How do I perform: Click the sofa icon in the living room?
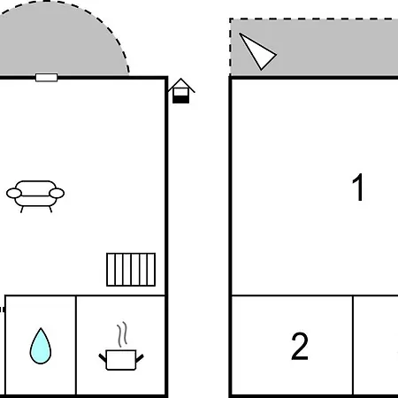tap(35, 196)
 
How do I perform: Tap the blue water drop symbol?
tap(41, 346)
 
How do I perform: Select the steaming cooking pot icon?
tap(121, 346)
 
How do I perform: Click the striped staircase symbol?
tap(131, 270)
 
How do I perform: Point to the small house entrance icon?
tap(180, 91)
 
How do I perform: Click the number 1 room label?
tap(358, 188)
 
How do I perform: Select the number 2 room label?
tap(300, 346)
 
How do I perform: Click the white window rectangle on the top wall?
tap(46, 78)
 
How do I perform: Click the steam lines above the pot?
tap(122, 334)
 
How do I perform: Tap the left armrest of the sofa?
tap(14, 194)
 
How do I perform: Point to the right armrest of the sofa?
tap(57, 194)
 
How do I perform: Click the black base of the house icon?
tap(180, 100)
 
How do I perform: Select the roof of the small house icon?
tap(181, 85)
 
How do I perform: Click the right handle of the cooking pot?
tap(140, 358)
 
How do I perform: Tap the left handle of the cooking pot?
tap(103, 358)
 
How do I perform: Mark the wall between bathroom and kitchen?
tap(76, 345)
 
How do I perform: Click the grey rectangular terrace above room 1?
tap(314, 47)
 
